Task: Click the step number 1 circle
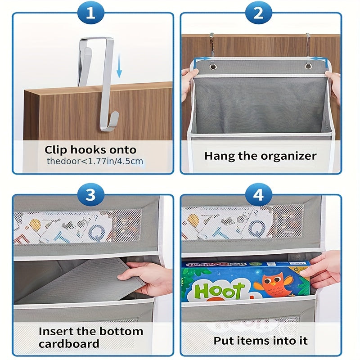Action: point(91,14)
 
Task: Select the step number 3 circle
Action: point(91,195)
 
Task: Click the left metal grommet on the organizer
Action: point(212,67)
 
